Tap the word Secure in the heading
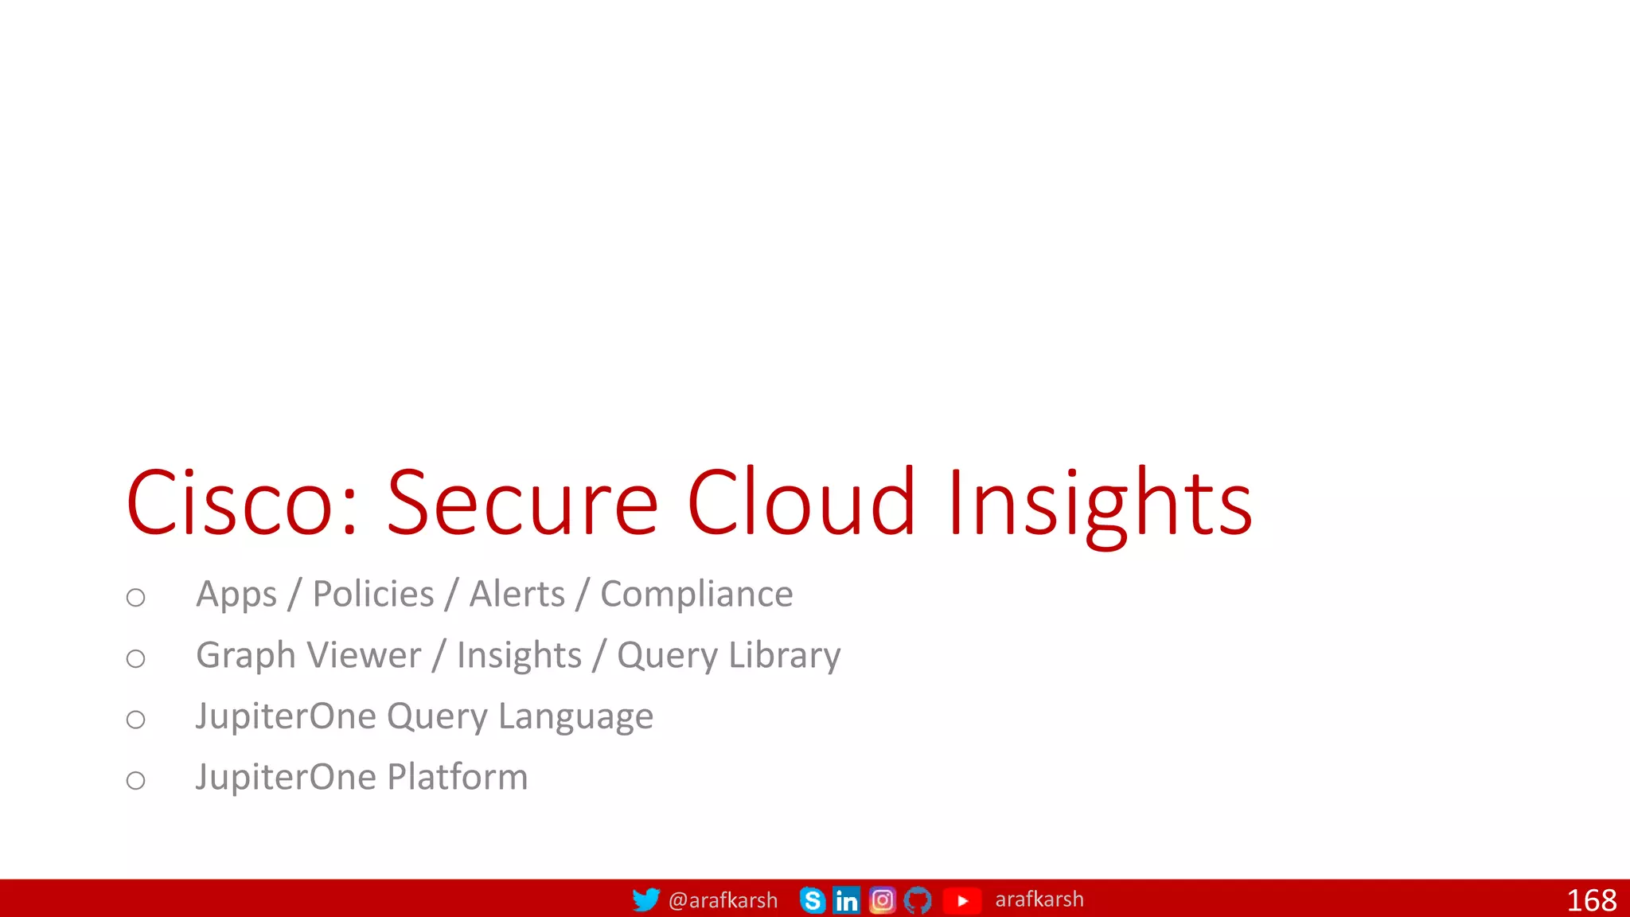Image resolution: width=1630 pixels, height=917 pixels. click(522, 503)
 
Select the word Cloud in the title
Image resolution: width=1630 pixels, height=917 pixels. click(801, 503)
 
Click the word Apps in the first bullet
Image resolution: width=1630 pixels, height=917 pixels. click(236, 595)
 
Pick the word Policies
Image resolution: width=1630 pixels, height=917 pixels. click(373, 594)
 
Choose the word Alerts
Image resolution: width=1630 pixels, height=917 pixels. click(517, 594)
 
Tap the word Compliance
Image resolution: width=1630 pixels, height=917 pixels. click(696, 594)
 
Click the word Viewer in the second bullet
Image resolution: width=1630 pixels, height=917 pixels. click(365, 655)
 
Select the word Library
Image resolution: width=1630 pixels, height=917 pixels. click(784, 656)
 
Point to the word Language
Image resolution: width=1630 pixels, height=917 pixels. click(575, 716)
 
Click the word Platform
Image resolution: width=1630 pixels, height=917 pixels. click(458, 777)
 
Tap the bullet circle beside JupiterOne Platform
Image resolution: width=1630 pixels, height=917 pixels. click(136, 780)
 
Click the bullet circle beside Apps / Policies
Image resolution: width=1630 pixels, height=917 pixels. click(136, 597)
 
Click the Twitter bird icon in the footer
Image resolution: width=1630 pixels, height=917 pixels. click(645, 899)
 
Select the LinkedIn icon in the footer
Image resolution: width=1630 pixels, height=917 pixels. click(846, 900)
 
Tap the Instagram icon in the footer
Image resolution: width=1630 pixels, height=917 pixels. click(882, 900)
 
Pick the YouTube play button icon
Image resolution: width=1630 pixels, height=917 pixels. click(962, 900)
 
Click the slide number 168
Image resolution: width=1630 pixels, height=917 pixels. click(1591, 900)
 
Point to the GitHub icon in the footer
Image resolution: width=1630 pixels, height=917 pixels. click(918, 900)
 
